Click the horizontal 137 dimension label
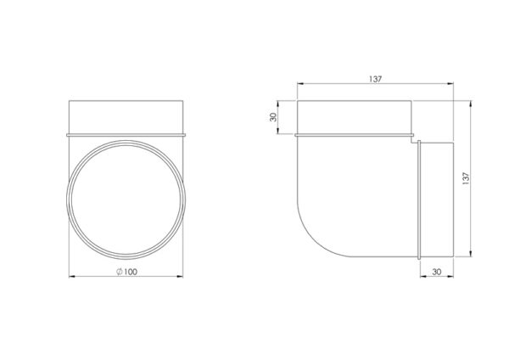tap(375, 79)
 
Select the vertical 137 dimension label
tap(466, 178)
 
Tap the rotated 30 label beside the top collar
tap(273, 117)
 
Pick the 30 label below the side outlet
tap(437, 272)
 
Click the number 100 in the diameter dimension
tap(131, 272)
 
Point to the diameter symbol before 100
tap(120, 272)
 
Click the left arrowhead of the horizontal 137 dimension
tap(300, 84)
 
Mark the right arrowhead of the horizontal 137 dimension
tap(450, 84)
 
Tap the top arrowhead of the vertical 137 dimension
tap(470, 104)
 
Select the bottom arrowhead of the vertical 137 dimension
tap(470, 253)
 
